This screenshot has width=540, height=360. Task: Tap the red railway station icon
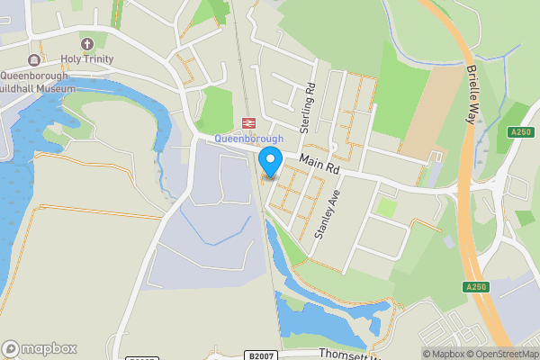click(x=247, y=123)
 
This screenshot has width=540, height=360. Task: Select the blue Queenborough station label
click(x=248, y=139)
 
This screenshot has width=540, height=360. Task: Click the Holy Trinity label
click(x=87, y=59)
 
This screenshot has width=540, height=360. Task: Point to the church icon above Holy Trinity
click(x=87, y=44)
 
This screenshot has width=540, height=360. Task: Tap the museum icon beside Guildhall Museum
click(x=33, y=60)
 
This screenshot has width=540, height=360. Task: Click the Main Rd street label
click(x=319, y=163)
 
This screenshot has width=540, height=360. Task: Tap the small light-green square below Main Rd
click(x=386, y=207)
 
